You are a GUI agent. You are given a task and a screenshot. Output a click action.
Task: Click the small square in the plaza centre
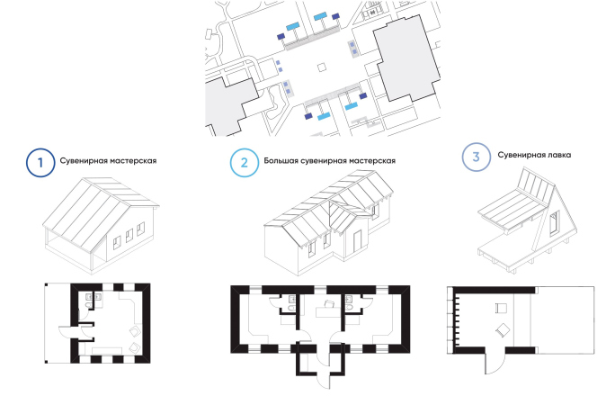[321, 67]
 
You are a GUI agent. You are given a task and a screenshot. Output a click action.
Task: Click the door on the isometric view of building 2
[360, 238]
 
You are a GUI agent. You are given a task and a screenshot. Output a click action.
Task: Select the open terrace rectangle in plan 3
[565, 319]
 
